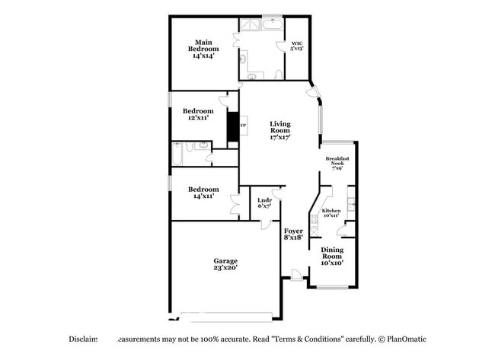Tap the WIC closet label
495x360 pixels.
coord(297,46)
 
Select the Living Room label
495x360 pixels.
coord(279,131)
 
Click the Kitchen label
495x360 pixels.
coord(331,213)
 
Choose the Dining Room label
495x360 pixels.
coord(331,256)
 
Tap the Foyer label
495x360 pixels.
coord(293,234)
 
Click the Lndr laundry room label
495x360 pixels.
coord(265,203)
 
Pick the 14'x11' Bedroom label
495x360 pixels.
coord(203,193)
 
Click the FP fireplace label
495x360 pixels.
coord(244,126)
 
